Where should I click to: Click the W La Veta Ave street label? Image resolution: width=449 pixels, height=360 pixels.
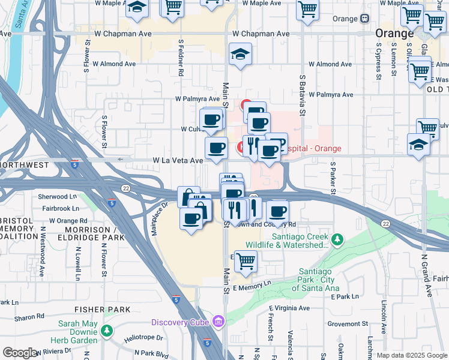pos(178,161)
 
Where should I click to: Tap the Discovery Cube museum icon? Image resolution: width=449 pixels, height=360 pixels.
pos(218,323)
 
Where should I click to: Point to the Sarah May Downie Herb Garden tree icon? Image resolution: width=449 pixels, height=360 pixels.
pos(107,330)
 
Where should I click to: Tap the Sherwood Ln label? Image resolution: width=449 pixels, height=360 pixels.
pos(58,197)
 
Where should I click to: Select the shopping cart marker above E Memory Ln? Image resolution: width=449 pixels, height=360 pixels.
pos(246,261)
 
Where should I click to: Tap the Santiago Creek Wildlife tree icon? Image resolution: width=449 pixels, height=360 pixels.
pos(337,240)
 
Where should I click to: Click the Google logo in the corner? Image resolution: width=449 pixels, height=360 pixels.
pos(20,353)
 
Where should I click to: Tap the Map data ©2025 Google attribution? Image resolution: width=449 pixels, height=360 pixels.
pos(412,355)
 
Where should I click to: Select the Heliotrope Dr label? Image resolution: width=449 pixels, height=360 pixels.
pos(143,338)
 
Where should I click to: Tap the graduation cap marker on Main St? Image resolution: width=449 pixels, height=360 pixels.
pos(240,55)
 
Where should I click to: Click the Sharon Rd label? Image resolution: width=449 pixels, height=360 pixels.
pos(28,318)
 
